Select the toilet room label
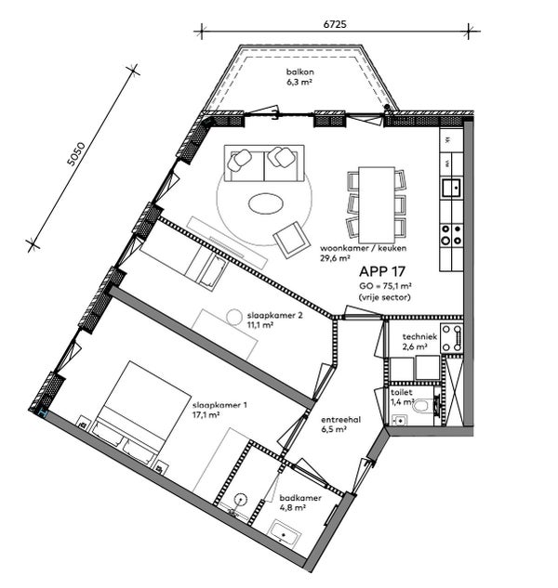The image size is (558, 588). pos(402,393)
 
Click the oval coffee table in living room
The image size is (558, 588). pos(267,203)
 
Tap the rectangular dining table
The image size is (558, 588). pos(377,201)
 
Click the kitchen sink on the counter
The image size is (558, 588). pos(451,189)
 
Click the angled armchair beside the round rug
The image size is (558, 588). pos(292,240)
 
